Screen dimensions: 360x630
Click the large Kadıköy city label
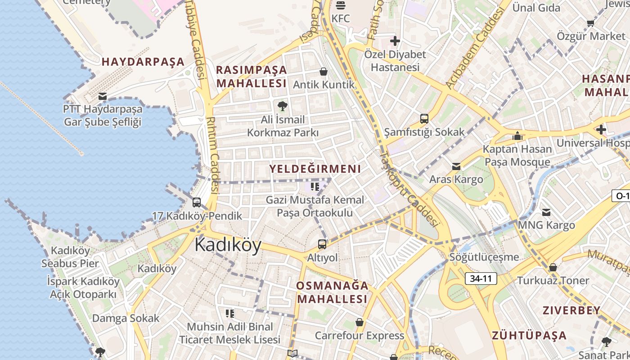click(228, 246)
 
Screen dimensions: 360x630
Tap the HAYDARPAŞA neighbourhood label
click(143, 62)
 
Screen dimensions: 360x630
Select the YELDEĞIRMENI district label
click(315, 169)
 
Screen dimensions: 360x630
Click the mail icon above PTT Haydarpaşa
click(103, 96)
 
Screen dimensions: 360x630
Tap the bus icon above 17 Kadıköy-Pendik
click(197, 202)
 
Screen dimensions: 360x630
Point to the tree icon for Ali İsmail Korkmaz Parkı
click(283, 106)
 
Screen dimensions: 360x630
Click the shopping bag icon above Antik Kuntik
click(323, 72)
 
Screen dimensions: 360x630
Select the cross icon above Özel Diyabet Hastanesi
click(395, 41)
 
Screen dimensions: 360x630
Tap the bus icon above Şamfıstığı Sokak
click(424, 119)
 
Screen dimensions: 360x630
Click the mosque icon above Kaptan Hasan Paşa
click(517, 136)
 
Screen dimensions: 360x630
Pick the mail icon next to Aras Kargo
click(456, 166)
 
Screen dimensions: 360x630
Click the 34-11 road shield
click(481, 279)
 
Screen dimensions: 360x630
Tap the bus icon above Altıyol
click(322, 244)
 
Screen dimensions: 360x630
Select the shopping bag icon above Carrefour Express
click(359, 322)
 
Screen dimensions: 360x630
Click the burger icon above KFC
click(341, 5)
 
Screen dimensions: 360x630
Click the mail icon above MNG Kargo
click(546, 212)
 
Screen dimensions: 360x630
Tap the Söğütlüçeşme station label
click(484, 257)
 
